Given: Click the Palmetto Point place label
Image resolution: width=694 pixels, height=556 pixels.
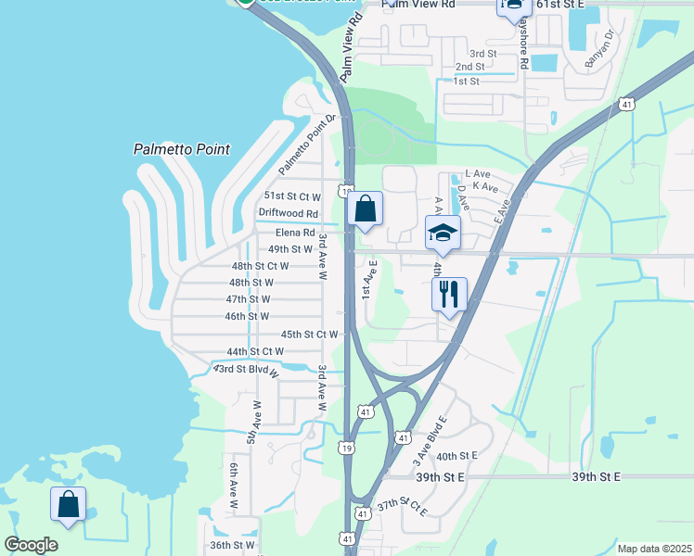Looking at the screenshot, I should [x=181, y=148].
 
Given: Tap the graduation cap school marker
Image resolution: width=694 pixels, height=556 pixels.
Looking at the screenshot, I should [x=443, y=233].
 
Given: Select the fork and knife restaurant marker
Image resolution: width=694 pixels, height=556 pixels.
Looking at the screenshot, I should [x=449, y=295].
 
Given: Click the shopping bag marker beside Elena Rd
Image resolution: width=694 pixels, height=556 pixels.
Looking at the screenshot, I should [x=366, y=210].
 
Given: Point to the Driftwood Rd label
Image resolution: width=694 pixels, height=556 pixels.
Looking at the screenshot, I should [x=289, y=213].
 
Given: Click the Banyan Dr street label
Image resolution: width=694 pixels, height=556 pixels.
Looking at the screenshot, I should [x=601, y=52].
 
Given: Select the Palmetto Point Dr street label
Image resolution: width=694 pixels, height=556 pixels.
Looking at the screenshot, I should [x=307, y=145].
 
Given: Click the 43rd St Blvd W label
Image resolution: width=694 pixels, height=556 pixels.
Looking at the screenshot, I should [x=246, y=369].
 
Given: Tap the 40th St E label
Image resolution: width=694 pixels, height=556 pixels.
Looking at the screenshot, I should [x=456, y=456].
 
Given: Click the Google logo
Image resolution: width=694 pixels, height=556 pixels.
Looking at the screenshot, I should [x=31, y=545].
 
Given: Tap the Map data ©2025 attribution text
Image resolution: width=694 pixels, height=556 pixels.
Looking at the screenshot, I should [x=653, y=549].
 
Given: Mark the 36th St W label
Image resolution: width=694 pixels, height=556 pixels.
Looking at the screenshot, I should [x=232, y=545].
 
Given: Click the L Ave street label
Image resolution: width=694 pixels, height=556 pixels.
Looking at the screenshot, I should [x=477, y=173].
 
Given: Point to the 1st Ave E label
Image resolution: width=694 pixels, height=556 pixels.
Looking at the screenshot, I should [x=367, y=278].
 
